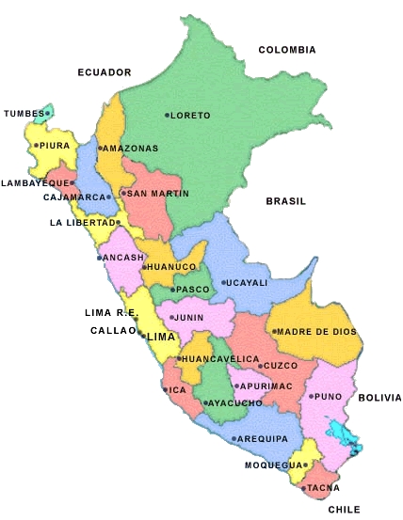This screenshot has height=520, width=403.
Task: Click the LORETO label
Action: tap(192, 116)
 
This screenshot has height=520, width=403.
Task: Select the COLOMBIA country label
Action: tap(287, 50)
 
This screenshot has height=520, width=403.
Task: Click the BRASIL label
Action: tap(286, 201)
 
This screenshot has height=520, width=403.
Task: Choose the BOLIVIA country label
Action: tap(379, 398)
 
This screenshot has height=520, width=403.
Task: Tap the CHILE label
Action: tap(345, 510)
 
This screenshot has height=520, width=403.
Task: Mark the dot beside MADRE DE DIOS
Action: tap(274, 331)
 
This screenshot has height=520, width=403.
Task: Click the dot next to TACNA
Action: tap(303, 488)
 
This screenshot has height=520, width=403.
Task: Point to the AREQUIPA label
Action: tap(264, 438)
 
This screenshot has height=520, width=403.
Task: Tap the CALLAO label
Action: tap(113, 330)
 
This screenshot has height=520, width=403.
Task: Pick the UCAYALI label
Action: tap(247, 282)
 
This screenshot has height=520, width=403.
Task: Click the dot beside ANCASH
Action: tap(99, 258)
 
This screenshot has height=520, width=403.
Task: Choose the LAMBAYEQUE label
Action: tap(36, 182)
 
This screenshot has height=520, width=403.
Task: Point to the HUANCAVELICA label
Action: tap(219, 359)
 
